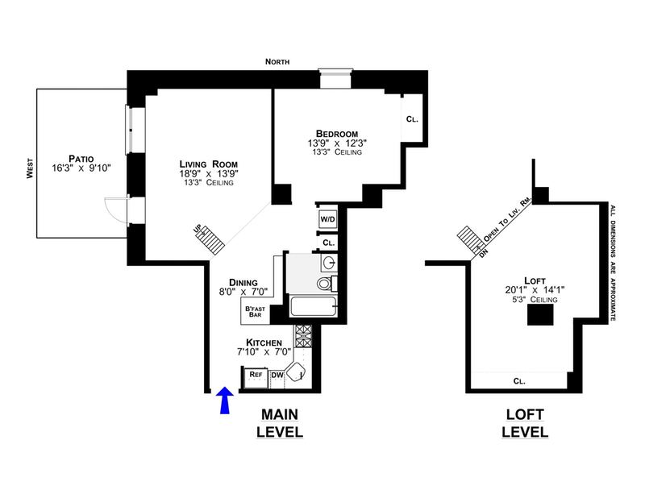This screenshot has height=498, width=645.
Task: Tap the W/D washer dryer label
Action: tap(328, 218)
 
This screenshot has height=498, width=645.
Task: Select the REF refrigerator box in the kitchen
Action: tap(256, 375)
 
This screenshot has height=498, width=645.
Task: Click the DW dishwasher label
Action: tap(277, 375)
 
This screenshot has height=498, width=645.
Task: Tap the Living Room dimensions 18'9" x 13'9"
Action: tap(208, 173)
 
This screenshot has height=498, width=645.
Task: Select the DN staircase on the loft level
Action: tap(468, 239)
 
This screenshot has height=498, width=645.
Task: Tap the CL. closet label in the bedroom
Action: tap(412, 119)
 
